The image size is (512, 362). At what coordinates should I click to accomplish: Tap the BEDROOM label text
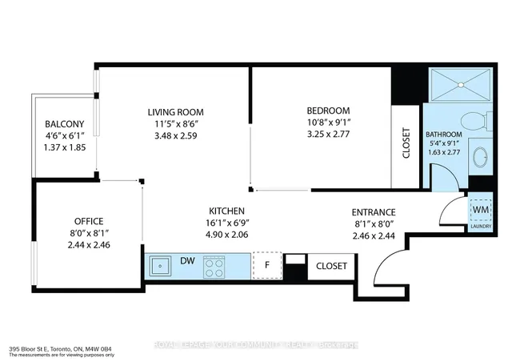(328, 111)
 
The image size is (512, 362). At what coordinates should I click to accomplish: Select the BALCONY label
(65, 124)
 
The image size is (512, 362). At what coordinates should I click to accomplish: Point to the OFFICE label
(89, 220)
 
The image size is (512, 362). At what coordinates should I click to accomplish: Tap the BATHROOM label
(443, 135)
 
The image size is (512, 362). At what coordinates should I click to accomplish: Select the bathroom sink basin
(481, 156)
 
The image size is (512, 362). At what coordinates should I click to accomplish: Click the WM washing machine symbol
(482, 209)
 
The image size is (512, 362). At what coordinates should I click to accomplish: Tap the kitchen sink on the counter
(159, 263)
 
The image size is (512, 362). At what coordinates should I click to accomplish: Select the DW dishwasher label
(186, 261)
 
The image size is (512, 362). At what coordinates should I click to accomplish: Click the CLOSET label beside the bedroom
(406, 144)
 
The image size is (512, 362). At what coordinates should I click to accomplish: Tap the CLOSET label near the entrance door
(331, 265)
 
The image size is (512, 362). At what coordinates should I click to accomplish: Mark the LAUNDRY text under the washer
(482, 226)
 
